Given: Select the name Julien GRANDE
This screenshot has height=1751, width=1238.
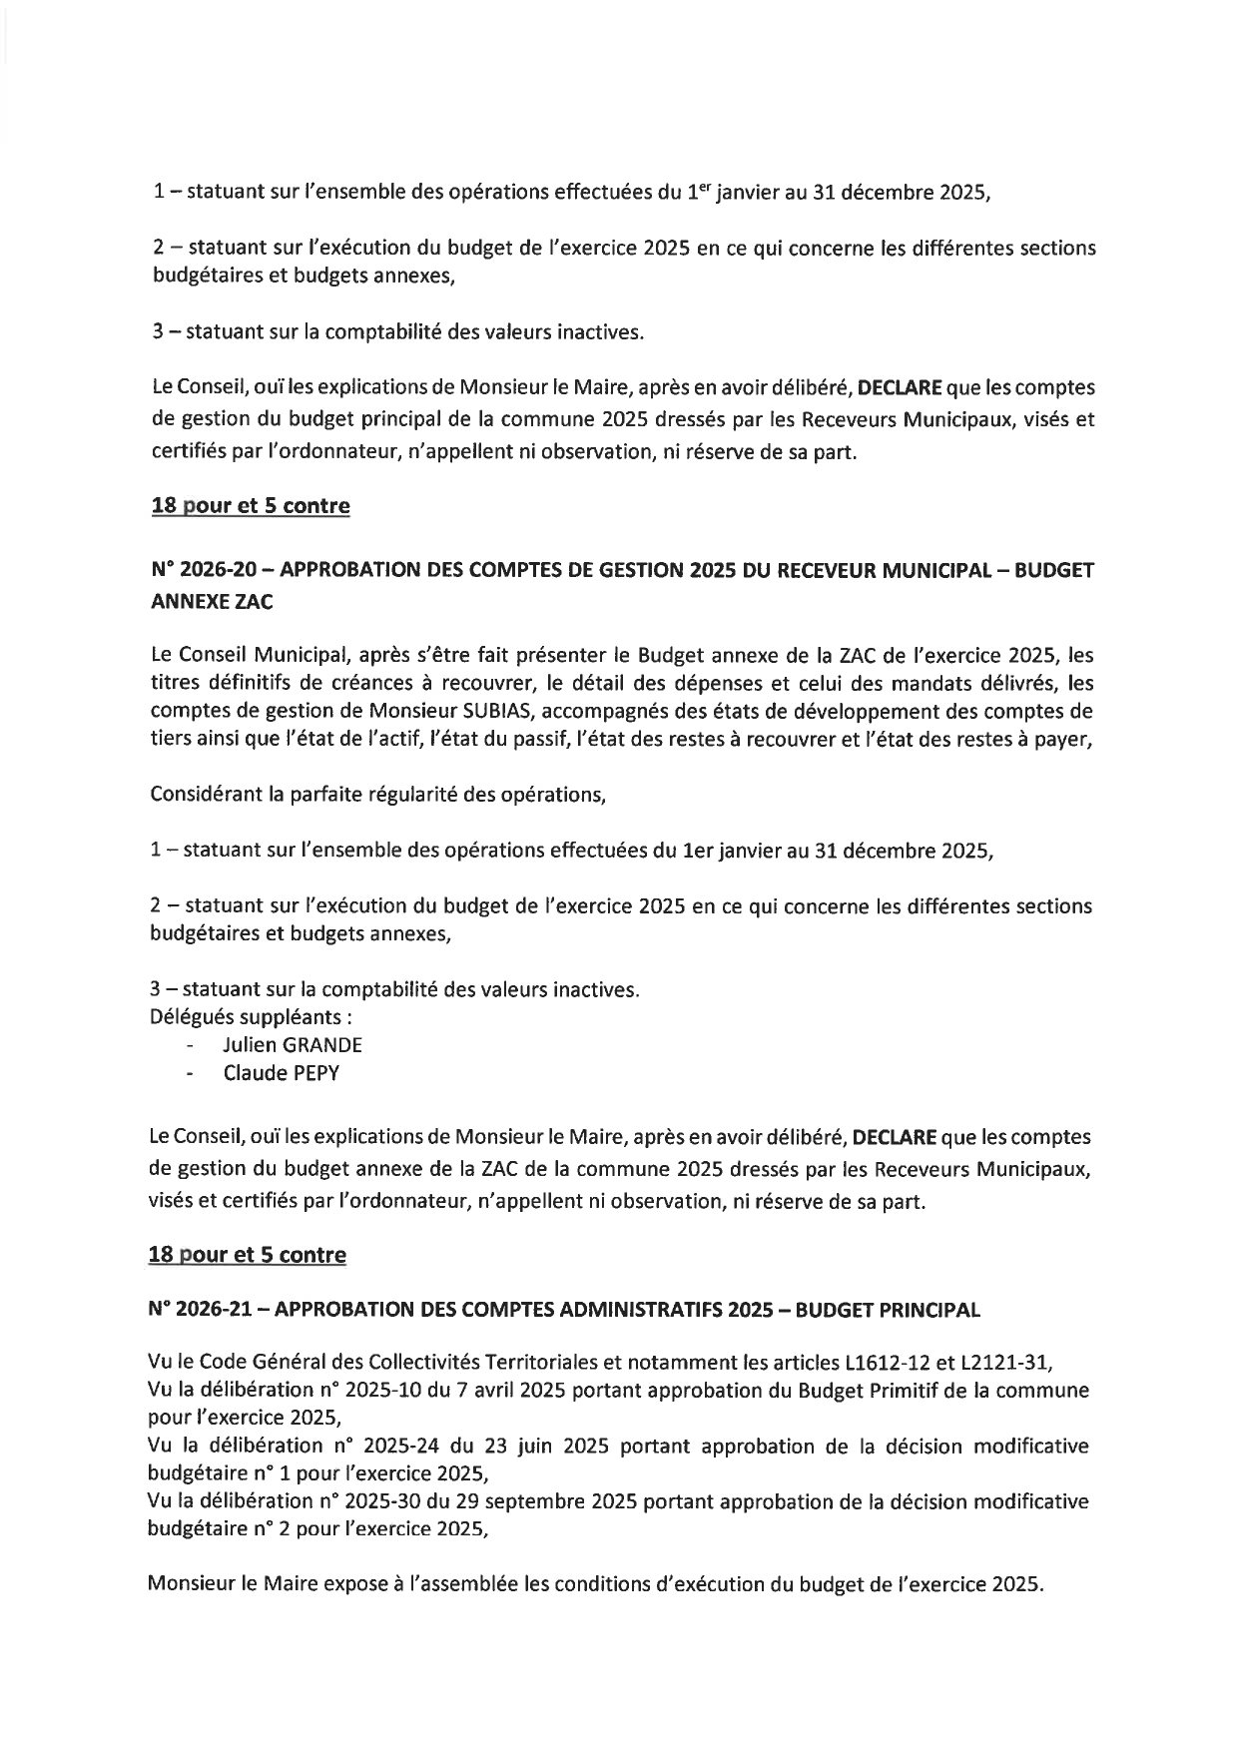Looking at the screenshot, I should (x=293, y=1045).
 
